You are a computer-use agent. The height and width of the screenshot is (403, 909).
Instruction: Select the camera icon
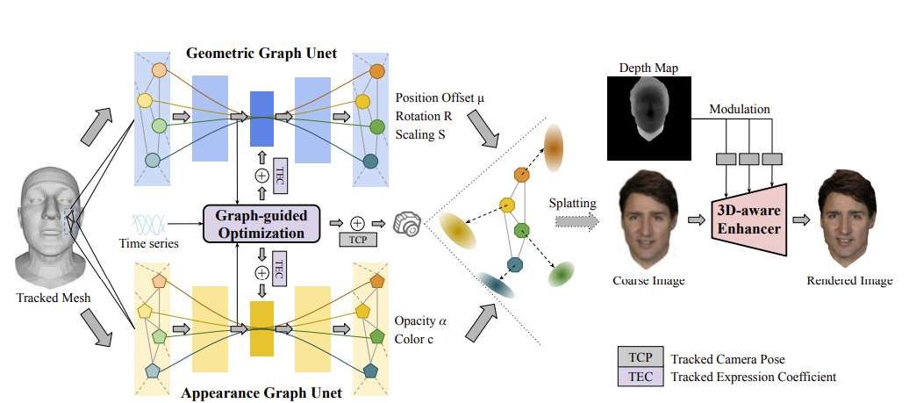(406, 222)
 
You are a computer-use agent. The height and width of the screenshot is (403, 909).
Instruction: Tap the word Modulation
(739, 109)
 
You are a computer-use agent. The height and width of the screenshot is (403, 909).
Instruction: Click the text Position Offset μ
(440, 97)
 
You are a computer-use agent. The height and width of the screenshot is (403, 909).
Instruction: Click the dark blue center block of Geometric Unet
(261, 118)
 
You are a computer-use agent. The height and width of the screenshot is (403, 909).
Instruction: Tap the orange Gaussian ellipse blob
(554, 147)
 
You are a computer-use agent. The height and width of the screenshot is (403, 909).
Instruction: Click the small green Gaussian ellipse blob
(562, 275)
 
